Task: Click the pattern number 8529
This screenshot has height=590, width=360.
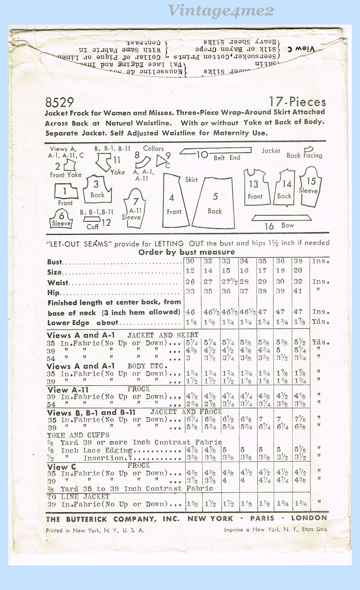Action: click(59, 103)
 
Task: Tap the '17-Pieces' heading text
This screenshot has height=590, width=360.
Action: click(297, 102)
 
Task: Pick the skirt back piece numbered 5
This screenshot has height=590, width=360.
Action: click(214, 203)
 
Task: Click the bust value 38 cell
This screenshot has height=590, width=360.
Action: click(298, 261)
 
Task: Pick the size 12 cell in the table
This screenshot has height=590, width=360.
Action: click(190, 271)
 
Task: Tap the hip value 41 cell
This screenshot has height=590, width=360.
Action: click(298, 291)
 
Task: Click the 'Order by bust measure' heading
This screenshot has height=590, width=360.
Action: click(186, 252)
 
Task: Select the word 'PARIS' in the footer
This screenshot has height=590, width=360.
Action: click(262, 518)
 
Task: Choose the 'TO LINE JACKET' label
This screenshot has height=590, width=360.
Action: click(78, 496)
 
